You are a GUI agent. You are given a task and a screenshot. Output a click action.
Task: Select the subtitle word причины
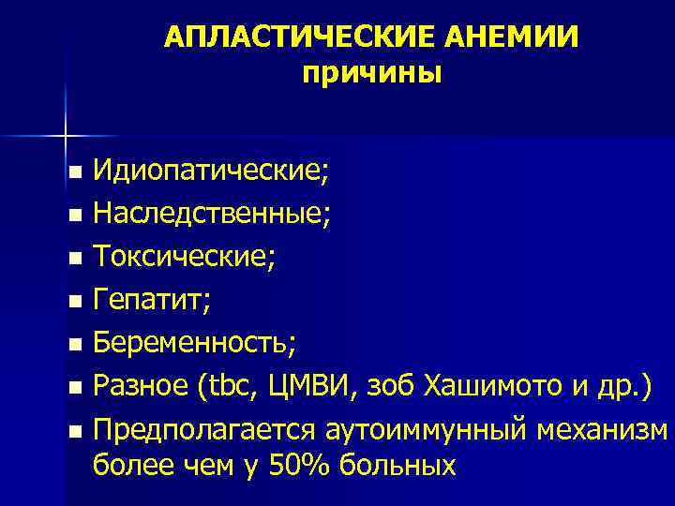coord(371,72)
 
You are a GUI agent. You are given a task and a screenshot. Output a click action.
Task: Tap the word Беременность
coord(194,343)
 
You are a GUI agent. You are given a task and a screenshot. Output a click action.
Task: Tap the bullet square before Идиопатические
coord(75,174)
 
